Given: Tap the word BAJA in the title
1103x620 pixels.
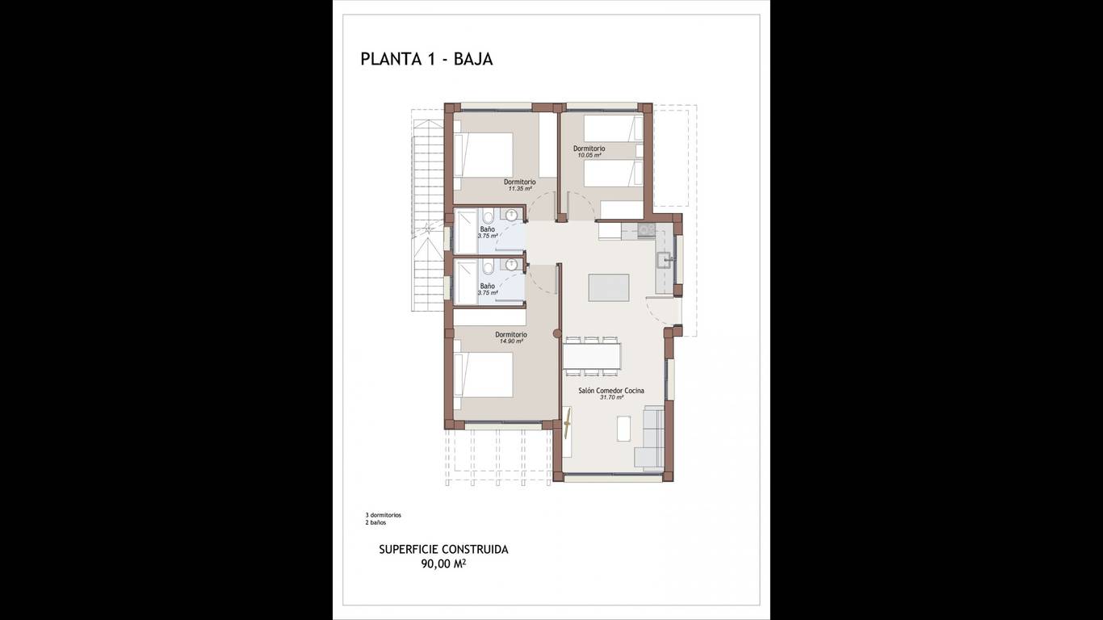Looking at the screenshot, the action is click(x=473, y=59).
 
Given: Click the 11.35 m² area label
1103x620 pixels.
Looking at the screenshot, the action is click(x=520, y=189).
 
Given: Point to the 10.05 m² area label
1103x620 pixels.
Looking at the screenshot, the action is click(x=589, y=155).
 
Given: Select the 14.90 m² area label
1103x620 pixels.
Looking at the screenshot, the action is click(x=511, y=341).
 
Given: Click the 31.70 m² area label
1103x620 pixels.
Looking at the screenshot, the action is click(x=611, y=397).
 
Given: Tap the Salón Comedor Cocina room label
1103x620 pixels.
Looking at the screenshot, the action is click(x=611, y=391).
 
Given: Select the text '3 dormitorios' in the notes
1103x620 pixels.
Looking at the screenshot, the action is click(x=383, y=515).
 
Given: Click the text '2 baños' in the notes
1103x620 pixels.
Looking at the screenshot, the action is click(x=375, y=522).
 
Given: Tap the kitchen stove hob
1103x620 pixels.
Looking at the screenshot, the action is click(x=645, y=229).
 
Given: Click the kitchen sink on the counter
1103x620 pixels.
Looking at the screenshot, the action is click(x=665, y=259).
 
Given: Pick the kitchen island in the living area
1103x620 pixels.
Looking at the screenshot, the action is click(x=609, y=287).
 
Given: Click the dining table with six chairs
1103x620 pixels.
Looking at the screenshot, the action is click(x=591, y=356).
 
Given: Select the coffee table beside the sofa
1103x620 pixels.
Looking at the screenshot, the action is click(x=624, y=429).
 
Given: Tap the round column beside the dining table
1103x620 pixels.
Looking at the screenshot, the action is click(x=557, y=333).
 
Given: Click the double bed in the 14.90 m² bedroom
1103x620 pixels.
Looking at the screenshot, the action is click(x=483, y=375).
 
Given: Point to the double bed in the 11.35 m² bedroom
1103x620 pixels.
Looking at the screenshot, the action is click(x=483, y=155).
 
